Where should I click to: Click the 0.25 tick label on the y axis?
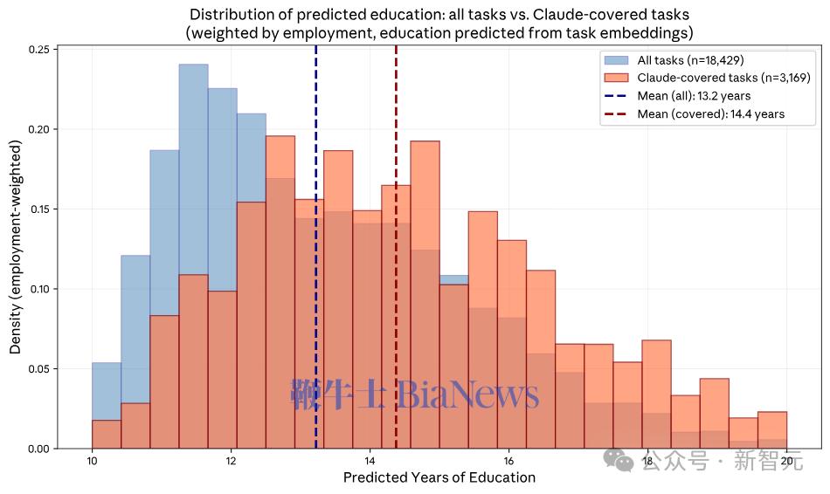coord(37,50)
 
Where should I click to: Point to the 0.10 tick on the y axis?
coord(37,289)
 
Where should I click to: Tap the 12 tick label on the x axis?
coord(231,462)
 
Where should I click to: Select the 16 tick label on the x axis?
coord(508,462)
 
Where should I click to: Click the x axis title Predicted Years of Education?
coord(439,477)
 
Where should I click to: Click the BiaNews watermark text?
coord(468,395)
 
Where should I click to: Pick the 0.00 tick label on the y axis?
coord(37,449)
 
